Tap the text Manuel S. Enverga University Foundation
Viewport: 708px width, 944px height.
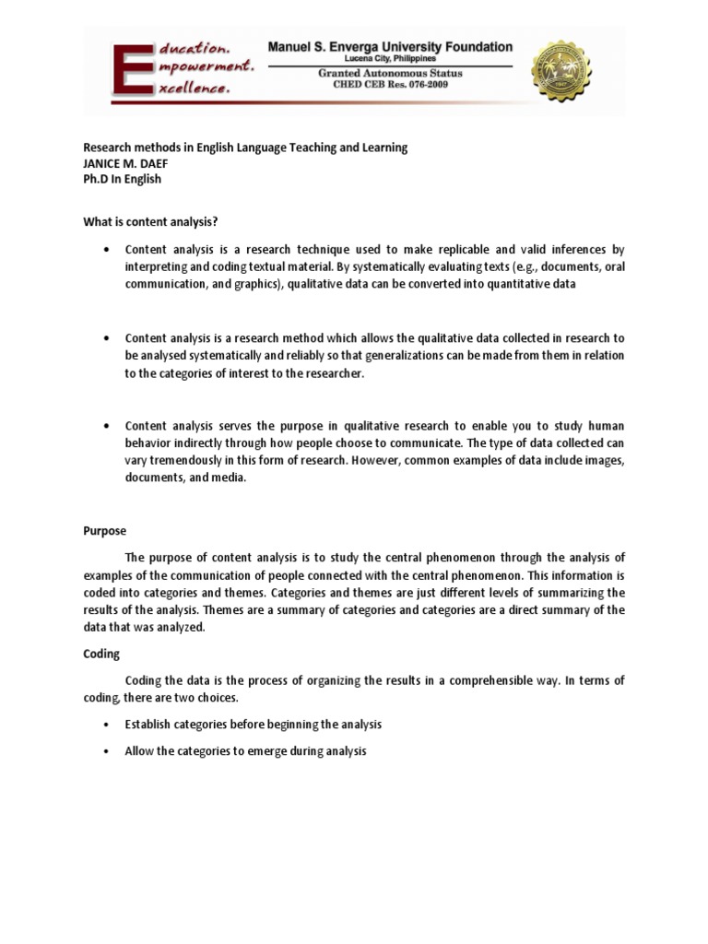(x=389, y=46)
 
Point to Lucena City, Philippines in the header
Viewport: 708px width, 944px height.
(x=389, y=58)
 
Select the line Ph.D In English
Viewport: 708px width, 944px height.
(x=122, y=179)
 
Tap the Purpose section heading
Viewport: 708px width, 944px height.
(x=104, y=531)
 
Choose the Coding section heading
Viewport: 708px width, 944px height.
(x=100, y=653)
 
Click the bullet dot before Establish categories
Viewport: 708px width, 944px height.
(x=109, y=726)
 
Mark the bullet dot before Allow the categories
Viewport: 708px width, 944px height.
(x=109, y=752)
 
